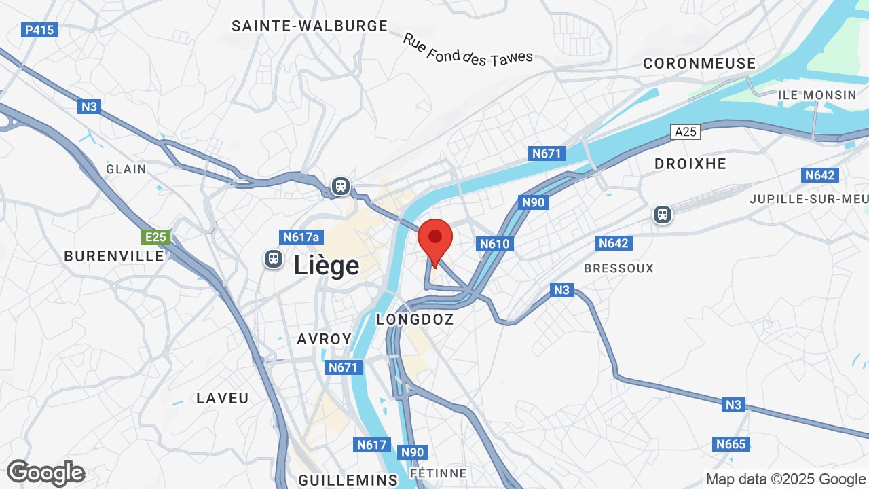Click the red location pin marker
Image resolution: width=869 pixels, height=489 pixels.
[x=435, y=239]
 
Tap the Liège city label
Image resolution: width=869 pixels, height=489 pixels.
[x=327, y=265]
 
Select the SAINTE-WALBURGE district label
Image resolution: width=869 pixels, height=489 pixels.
[x=310, y=26]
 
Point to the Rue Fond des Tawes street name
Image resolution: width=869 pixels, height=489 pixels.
[x=468, y=50]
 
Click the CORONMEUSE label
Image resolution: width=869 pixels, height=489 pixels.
[x=699, y=63]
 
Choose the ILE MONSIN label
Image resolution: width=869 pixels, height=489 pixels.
[x=817, y=95]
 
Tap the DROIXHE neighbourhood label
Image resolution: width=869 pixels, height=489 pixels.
[x=690, y=164]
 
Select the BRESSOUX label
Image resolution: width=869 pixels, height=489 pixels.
[x=618, y=268]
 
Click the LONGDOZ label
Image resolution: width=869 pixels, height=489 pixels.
[x=414, y=319]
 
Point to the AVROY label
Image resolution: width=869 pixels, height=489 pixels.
[x=325, y=339]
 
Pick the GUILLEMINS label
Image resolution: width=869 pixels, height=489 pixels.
[x=348, y=479]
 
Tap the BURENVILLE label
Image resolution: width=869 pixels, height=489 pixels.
[x=114, y=256]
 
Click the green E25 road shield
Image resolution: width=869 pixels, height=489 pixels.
[x=156, y=237]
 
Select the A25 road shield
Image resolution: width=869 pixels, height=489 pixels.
[x=686, y=132]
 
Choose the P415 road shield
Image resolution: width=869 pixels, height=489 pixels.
[x=40, y=30]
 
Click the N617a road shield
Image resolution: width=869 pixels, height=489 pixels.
[x=300, y=237]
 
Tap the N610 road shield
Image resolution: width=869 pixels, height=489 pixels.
[x=494, y=244]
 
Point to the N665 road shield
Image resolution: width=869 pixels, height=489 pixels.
[x=731, y=444]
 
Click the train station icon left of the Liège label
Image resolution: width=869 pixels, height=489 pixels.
[x=274, y=259]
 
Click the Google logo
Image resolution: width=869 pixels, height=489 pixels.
[x=45, y=473]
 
